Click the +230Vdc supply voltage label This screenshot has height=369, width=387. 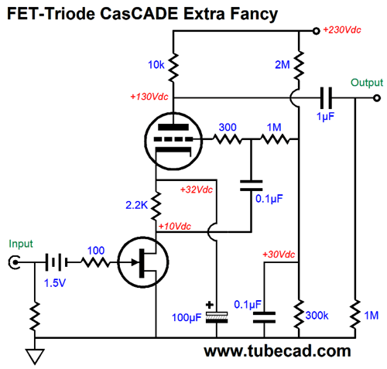tap(342, 30)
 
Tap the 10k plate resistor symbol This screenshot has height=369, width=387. tap(173, 67)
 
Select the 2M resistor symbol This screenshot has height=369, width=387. tap(299, 66)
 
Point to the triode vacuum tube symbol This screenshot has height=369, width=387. tap(173, 141)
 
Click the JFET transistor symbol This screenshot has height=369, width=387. tap(143, 262)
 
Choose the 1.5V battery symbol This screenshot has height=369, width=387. tap(57, 262)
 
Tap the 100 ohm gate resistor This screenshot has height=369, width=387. tap(96, 262)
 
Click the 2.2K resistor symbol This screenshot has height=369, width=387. tap(156, 206)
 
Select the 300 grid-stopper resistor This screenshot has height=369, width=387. tap(228, 139)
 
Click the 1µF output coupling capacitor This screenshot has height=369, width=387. tap(326, 98)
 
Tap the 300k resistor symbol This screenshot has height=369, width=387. tap(299, 314)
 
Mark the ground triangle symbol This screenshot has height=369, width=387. tap(35, 356)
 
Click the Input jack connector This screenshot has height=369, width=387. tap(14, 262)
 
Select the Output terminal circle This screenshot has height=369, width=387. tap(377, 98)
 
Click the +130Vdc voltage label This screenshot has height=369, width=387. tap(149, 97)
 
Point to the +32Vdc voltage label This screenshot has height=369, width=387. tap(197, 190)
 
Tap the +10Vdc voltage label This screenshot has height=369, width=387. tap(175, 226)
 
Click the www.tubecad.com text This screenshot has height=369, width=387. tap(277, 351)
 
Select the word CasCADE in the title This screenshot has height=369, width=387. tap(139, 13)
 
